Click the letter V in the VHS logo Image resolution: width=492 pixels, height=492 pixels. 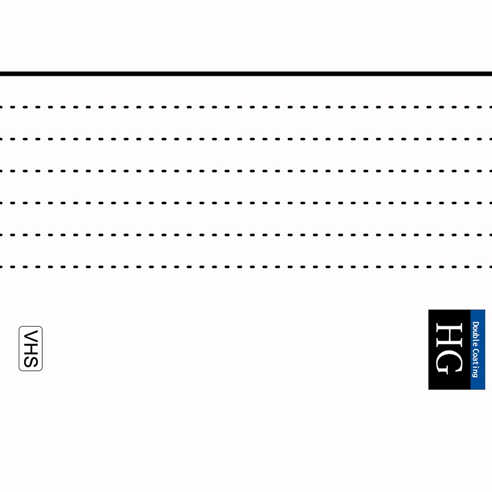[31, 335]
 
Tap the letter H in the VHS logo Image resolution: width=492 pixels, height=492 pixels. [31, 349]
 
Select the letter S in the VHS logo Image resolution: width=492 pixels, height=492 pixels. [31, 361]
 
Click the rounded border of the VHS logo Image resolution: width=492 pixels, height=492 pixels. [19, 349]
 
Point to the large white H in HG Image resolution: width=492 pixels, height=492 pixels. [449, 335]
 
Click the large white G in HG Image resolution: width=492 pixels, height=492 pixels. [449, 362]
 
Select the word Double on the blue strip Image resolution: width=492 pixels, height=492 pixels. [476, 333]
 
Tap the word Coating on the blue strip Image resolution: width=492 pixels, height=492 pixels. [476, 363]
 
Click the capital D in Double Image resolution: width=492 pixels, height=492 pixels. [476, 324]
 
